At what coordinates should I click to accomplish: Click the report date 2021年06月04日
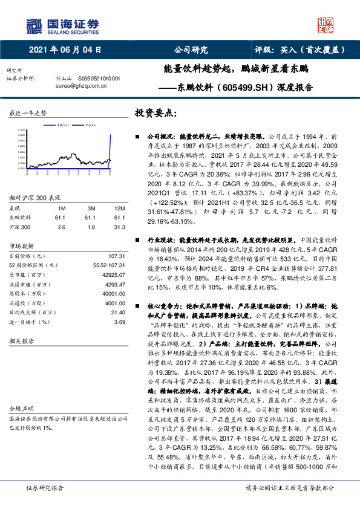pyautogui.click(x=65, y=50)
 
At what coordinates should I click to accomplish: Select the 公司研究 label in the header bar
pyautogui.click(x=191, y=50)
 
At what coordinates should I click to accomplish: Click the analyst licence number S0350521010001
pyautogui.click(x=97, y=79)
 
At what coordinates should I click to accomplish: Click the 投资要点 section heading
pyautogui.click(x=155, y=113)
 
